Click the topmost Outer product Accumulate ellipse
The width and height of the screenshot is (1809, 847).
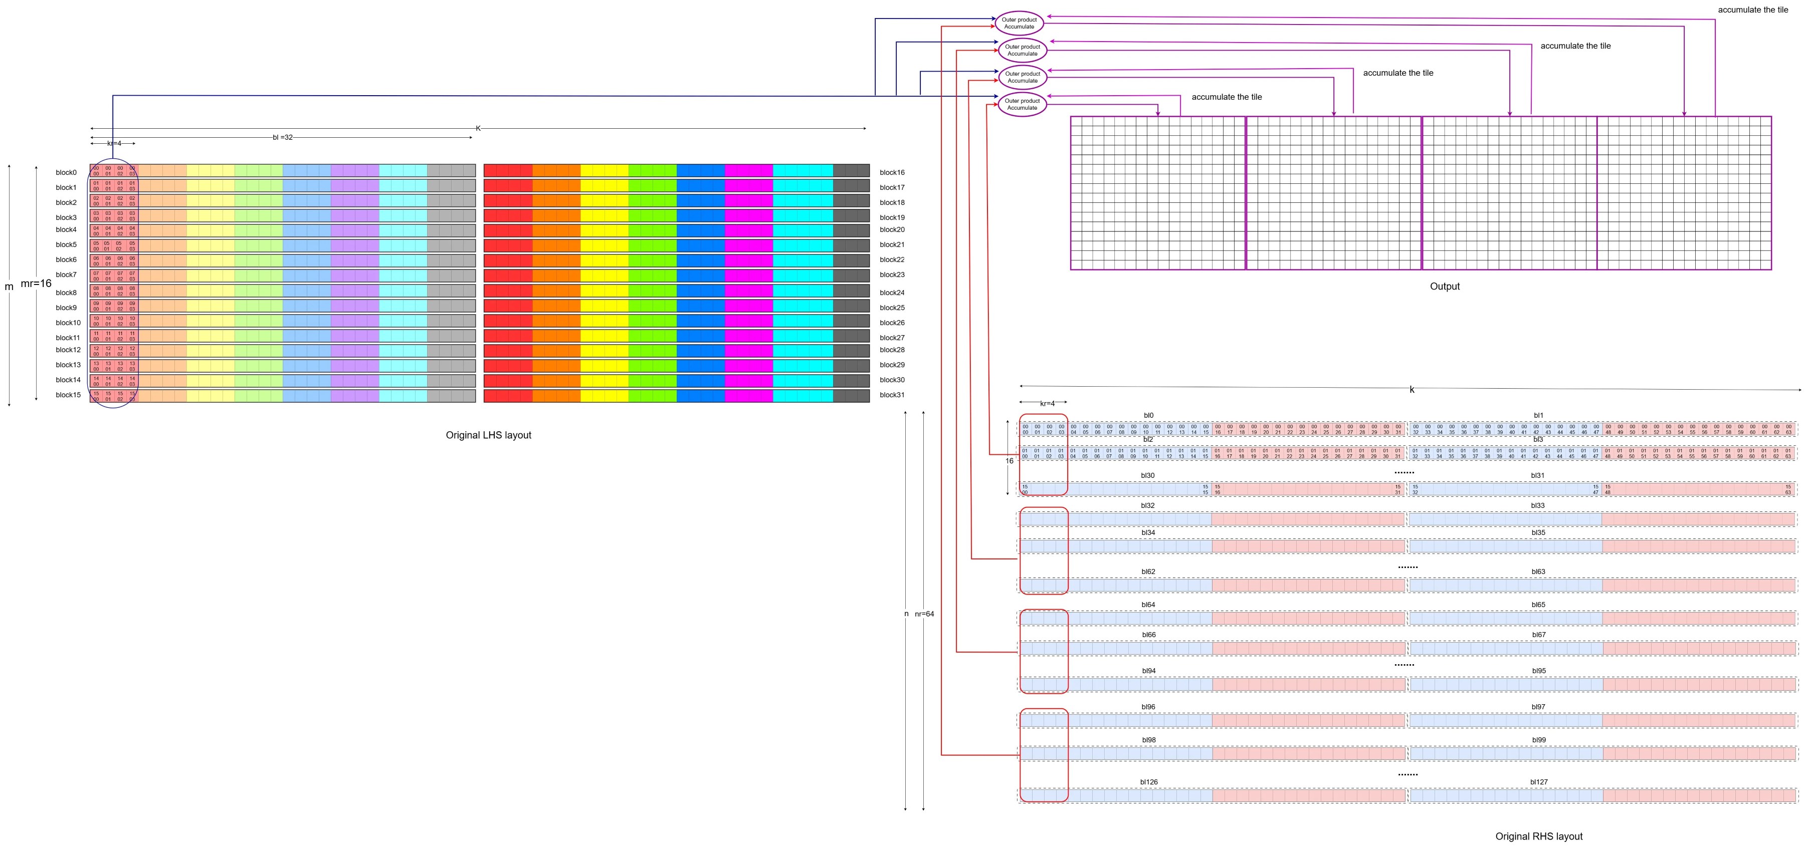(x=1019, y=23)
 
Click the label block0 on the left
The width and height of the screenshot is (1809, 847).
(x=66, y=173)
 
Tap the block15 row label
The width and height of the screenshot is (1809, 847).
(x=68, y=395)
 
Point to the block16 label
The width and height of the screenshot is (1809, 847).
(x=892, y=173)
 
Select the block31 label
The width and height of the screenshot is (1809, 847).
(x=892, y=395)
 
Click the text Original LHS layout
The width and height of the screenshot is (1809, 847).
(x=488, y=435)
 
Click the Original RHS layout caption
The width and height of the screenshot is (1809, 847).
(x=1539, y=836)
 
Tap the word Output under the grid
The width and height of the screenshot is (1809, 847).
(x=1445, y=287)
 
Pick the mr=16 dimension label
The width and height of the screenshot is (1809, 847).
(x=36, y=284)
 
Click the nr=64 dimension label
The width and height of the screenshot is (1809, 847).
(x=924, y=614)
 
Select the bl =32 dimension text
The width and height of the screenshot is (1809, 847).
(x=282, y=138)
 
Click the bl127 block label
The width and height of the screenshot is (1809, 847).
(x=1539, y=782)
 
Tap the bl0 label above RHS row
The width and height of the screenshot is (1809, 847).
(x=1148, y=415)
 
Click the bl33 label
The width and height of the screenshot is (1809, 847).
(x=1538, y=505)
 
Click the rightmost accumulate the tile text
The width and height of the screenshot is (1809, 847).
(x=1753, y=10)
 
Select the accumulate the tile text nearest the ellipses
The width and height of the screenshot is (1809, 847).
(x=1226, y=97)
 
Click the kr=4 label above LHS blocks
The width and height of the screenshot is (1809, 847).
(x=114, y=144)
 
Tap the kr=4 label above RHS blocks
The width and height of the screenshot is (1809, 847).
(x=1047, y=404)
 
